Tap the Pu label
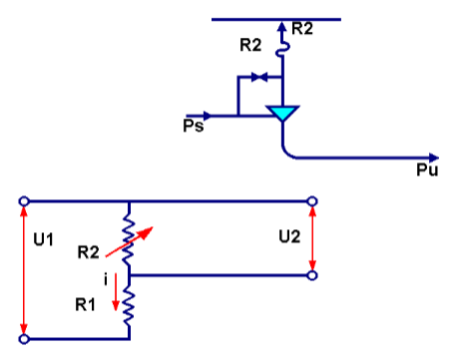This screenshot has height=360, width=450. point(426,172)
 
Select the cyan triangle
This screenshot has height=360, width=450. point(283,114)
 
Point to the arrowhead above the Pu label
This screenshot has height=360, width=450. point(433,157)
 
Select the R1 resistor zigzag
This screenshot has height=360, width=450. point(129,303)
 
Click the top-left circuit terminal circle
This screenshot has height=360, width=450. point(23,201)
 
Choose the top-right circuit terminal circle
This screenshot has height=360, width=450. point(313,201)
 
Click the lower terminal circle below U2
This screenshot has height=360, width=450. point(313,274)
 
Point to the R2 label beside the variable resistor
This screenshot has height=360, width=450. point(89,251)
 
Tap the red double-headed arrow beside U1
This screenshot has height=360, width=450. point(23,269)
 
